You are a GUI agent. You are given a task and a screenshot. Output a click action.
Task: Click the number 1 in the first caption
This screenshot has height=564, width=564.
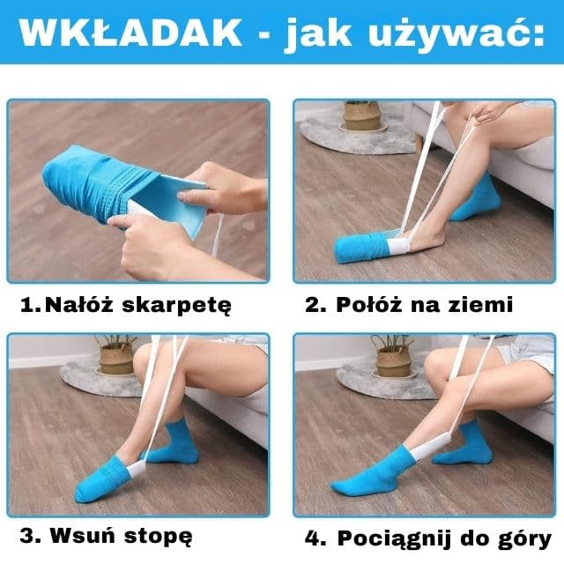(27, 306)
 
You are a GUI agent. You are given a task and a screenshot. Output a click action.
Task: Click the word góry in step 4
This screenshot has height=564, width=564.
(521, 538)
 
